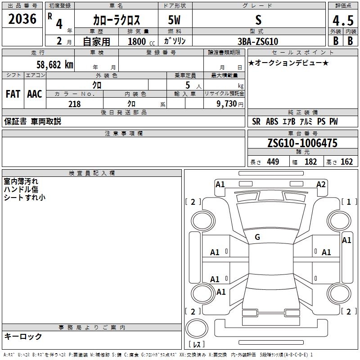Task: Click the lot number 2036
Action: coord(22,19)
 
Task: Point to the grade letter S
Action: coord(258,20)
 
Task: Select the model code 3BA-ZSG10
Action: coord(258,41)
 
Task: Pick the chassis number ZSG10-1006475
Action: coord(302,143)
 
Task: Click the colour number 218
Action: coord(74,104)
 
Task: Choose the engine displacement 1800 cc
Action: coord(139,41)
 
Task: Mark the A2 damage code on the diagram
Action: coord(321,184)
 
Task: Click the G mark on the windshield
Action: coord(257,237)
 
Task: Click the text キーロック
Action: coord(23,336)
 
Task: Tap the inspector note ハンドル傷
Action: coord(21,189)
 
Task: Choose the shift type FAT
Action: coord(13,94)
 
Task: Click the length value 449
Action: coord(273,162)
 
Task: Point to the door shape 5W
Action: coord(175,20)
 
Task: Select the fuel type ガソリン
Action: coord(175,41)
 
